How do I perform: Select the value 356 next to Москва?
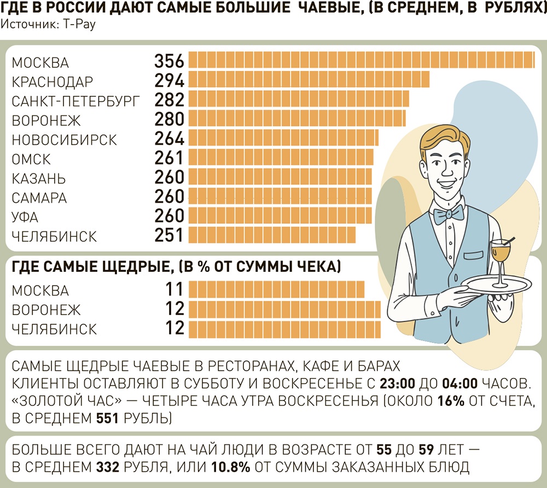pos(170,61)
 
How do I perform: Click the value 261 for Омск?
pos(170,158)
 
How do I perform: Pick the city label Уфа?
pos(25,217)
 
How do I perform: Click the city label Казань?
pos(39,178)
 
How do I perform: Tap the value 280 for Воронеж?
pos(170,119)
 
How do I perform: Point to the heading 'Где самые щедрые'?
pos(176,267)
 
